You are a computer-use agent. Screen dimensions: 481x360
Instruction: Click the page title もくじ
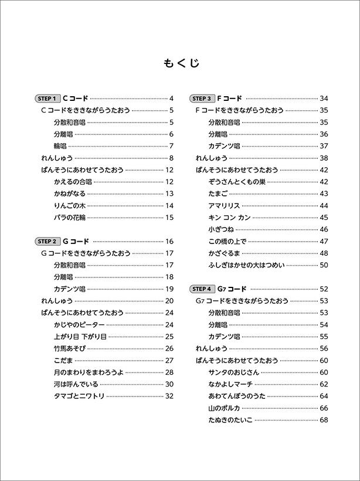[179, 63]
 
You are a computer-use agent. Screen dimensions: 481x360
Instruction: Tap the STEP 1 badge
[47, 99]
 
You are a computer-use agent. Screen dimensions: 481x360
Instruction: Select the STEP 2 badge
[47, 241]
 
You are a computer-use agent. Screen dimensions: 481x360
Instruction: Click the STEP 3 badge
[202, 99]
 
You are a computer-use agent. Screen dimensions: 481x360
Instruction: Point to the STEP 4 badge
[202, 289]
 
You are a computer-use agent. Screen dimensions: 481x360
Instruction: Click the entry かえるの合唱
[72, 182]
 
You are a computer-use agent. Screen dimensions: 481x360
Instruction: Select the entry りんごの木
[69, 205]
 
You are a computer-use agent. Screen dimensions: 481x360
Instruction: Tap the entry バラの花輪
[69, 218]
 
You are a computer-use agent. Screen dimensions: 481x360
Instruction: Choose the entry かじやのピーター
[79, 324]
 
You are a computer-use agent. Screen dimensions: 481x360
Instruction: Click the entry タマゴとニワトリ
[79, 396]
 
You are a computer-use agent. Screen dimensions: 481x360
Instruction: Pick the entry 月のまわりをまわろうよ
[88, 372]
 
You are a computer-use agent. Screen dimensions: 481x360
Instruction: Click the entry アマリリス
[224, 205]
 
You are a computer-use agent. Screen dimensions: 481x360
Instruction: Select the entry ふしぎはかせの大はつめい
[246, 265]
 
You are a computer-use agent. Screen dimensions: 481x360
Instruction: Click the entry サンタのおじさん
[233, 372]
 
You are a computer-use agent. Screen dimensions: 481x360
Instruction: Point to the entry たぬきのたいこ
[230, 420]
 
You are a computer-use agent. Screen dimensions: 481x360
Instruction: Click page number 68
[324, 420]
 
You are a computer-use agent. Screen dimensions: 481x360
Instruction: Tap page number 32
[169, 396]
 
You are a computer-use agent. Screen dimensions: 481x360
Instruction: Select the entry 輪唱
[59, 146]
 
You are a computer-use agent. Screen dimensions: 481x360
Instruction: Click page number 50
[324, 265]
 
